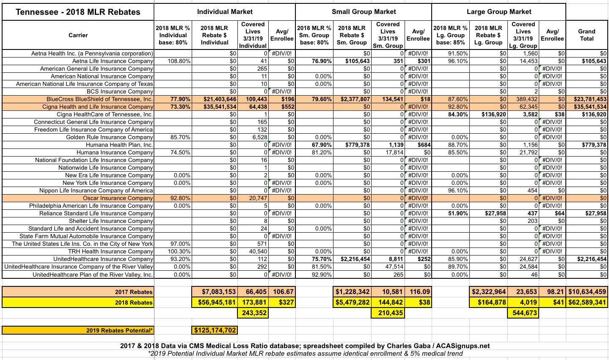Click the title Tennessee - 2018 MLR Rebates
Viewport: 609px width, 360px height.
point(78,12)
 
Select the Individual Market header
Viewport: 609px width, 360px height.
point(225,12)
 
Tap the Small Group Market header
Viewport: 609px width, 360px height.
point(364,12)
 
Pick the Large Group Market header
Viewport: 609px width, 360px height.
point(499,12)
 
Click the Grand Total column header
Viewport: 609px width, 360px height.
point(587,35)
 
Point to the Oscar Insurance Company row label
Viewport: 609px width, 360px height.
point(118,198)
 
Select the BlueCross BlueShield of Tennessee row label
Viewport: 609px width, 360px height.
point(99,99)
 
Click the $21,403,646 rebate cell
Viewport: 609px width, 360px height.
point(215,99)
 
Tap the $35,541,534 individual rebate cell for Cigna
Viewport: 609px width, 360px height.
point(215,107)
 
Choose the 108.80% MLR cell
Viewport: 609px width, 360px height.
point(174,61)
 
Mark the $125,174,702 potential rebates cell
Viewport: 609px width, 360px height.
point(215,330)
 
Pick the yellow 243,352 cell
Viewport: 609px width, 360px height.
point(253,313)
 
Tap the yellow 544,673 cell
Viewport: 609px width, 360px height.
point(524,313)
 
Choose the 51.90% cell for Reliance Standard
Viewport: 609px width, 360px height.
point(457,213)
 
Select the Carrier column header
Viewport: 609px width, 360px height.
point(78,35)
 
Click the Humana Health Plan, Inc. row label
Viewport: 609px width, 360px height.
point(119,145)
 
